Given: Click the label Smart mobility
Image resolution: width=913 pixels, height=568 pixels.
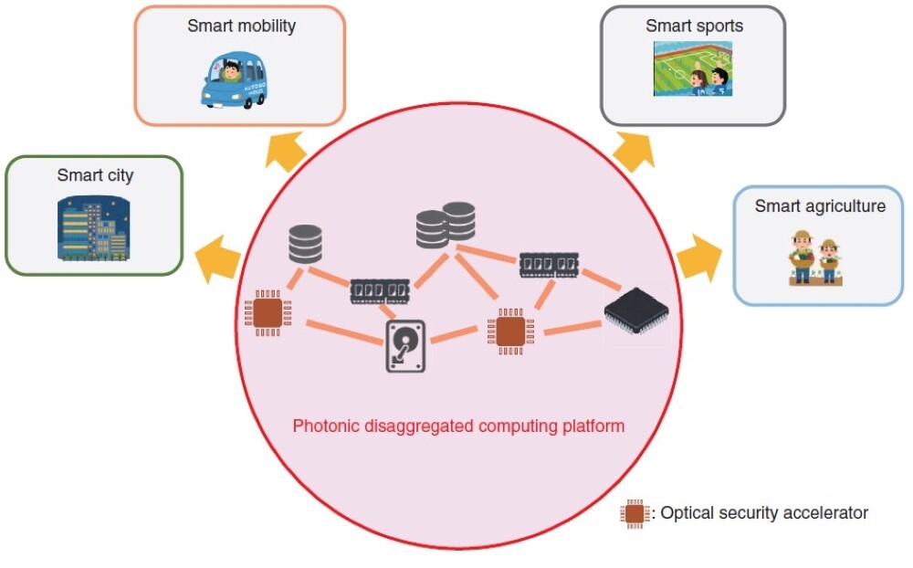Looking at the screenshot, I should tap(241, 26).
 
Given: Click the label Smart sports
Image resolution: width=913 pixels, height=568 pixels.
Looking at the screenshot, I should tap(694, 26).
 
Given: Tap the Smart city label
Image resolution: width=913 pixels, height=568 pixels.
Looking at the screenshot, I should tap(95, 175).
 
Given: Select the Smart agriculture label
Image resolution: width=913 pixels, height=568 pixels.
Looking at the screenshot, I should tap(820, 206).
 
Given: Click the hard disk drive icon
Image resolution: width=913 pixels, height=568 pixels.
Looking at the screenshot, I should tap(405, 345).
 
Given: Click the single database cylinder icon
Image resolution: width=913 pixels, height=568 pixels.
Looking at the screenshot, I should tap(305, 244).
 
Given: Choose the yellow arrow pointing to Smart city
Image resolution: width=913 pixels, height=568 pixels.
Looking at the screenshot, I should tap(220, 257).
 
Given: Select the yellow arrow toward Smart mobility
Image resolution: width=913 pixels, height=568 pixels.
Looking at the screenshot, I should tap(287, 148).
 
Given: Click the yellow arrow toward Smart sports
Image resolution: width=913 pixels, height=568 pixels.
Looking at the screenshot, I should tap(634, 149).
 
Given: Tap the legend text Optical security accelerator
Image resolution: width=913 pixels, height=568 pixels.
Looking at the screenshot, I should tap(764, 513).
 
